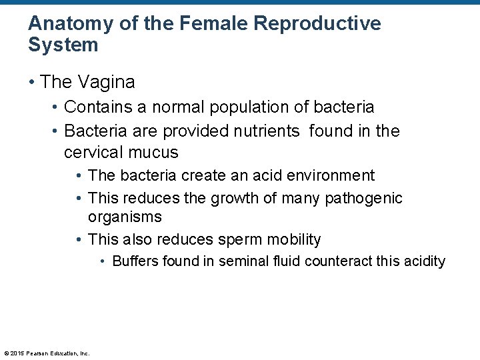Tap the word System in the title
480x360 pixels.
coord(63,45)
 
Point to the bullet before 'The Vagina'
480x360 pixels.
coord(31,82)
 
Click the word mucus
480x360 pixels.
coord(154,152)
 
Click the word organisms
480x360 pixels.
coord(125,217)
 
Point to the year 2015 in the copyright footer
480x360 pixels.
coord(17,353)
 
